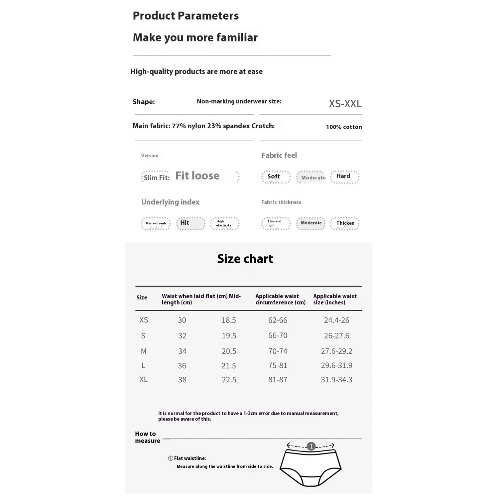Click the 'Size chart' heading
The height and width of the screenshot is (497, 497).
[x=245, y=259]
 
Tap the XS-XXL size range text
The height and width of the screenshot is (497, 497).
[x=345, y=104]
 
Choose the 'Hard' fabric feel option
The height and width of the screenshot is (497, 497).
[x=344, y=177]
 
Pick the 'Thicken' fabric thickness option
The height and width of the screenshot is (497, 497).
[x=345, y=223]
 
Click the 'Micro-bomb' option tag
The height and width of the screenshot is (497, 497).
[x=156, y=223]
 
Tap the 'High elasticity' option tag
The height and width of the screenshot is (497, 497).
[x=224, y=223]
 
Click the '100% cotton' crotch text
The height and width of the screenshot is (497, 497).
[x=344, y=127]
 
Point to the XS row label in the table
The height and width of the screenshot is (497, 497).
[x=143, y=320]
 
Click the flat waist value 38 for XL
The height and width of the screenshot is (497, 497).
[x=182, y=380]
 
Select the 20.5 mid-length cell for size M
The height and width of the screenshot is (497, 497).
[x=229, y=351]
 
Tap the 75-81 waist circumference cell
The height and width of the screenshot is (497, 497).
[x=278, y=365]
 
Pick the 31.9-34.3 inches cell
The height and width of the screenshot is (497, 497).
[x=336, y=380]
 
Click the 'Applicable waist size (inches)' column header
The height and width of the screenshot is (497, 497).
[x=335, y=299]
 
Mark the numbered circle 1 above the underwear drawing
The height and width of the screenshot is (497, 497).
[x=311, y=446]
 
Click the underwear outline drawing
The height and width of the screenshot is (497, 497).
[x=310, y=467]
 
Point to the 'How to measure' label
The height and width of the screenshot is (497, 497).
[x=147, y=437]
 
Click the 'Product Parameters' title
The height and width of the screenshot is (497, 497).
[x=186, y=16]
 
